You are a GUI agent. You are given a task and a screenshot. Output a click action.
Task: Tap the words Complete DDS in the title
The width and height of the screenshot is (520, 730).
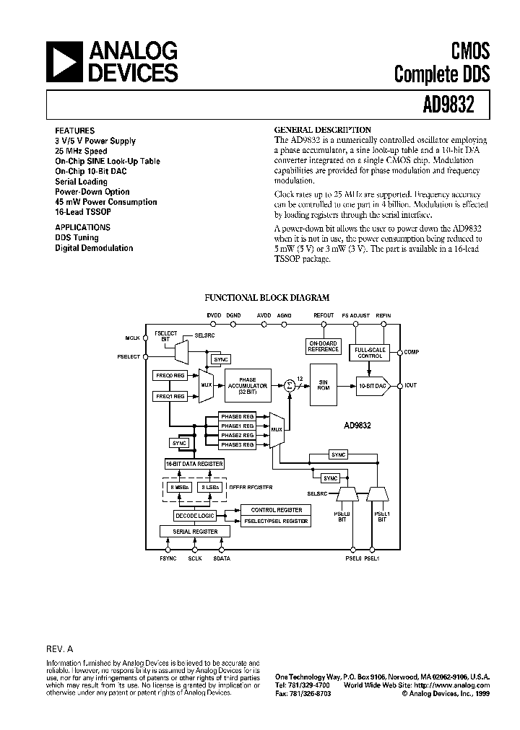pos(442,73)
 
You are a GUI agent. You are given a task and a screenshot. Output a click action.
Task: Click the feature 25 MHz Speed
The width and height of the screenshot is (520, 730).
pos(81,151)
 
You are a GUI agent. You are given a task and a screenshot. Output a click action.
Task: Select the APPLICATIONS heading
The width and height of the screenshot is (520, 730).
pos(82,227)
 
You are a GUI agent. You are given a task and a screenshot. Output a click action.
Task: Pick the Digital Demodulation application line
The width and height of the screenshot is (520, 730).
pos(94,248)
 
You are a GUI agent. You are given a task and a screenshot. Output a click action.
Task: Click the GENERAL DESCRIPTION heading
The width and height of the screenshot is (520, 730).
pos(323,130)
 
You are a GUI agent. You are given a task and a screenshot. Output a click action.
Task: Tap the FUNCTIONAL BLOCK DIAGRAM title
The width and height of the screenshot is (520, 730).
pos(267,297)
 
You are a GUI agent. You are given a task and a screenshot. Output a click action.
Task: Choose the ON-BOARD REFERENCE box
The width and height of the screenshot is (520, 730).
pos(323,346)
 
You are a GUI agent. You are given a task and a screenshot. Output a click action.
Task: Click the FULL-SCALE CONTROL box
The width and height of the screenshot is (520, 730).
pos(370,353)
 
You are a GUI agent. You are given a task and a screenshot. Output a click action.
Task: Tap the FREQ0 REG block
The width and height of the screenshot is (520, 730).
pos(170,376)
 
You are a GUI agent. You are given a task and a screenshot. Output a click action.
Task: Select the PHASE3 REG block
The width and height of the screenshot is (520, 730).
pos(238,445)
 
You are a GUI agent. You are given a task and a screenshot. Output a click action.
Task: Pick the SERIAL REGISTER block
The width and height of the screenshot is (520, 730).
pos(196,531)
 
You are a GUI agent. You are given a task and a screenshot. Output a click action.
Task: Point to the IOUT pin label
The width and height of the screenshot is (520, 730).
pos(411,385)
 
